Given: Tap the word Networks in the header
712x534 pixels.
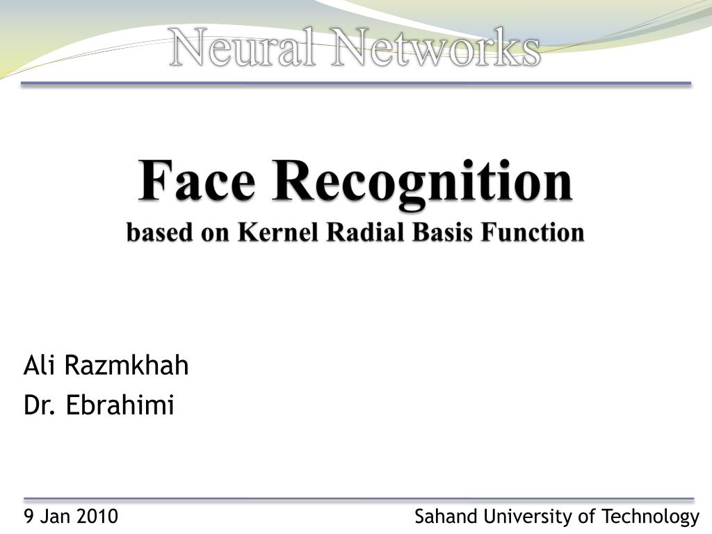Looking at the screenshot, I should tap(435, 49).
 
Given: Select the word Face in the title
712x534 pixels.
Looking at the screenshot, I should tap(197, 181).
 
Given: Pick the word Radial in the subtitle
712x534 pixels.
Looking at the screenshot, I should tap(365, 232).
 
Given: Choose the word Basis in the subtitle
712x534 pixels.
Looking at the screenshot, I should tap(441, 232).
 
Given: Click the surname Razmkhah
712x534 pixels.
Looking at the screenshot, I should tap(127, 365).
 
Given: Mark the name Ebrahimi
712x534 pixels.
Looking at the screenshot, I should tap(120, 405).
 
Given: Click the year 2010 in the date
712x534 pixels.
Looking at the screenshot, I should tap(97, 517).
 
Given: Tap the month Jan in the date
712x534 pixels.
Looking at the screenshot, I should tap(56, 517).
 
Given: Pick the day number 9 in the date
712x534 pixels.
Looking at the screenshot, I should tap(29, 517).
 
